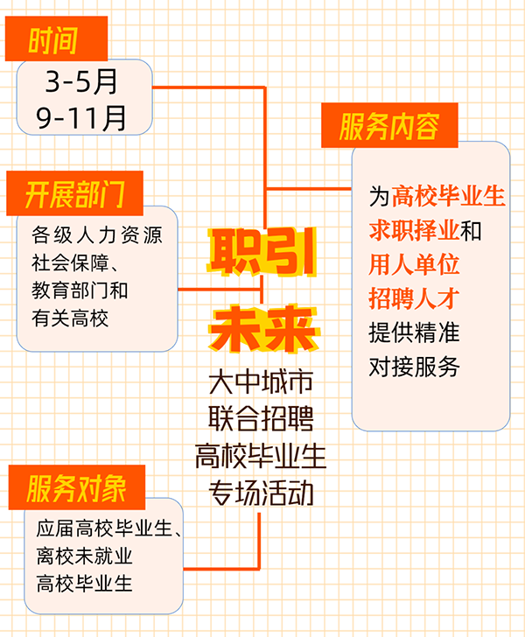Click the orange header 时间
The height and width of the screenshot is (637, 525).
coord(56,39)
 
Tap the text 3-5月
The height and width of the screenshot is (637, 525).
coord(81,81)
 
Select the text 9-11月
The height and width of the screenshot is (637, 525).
coord(81,118)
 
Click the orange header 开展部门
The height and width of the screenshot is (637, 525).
coord(74,193)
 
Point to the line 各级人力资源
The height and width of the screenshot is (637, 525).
coord(97,235)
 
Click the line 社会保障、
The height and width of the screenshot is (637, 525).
coord(74,262)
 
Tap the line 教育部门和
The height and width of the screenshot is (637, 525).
coord(80,290)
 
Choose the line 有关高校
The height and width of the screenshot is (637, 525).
coord(70,318)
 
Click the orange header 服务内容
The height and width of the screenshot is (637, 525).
coord(389,125)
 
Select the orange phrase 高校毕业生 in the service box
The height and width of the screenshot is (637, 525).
coord(449,196)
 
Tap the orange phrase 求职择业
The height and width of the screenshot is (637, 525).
coord(415,230)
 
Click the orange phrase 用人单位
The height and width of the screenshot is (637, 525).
coord(414,264)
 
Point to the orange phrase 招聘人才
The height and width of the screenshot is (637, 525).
coord(414,298)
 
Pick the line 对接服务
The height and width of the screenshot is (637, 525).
coord(414,367)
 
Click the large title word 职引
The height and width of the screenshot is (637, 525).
coord(262,252)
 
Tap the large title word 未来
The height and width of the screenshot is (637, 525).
coord(263,328)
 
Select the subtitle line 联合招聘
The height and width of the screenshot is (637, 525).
coord(261,418)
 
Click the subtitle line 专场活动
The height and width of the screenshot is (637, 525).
coord(261,493)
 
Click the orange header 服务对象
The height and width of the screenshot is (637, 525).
coord(76,487)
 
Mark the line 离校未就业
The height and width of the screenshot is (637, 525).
coord(85,556)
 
